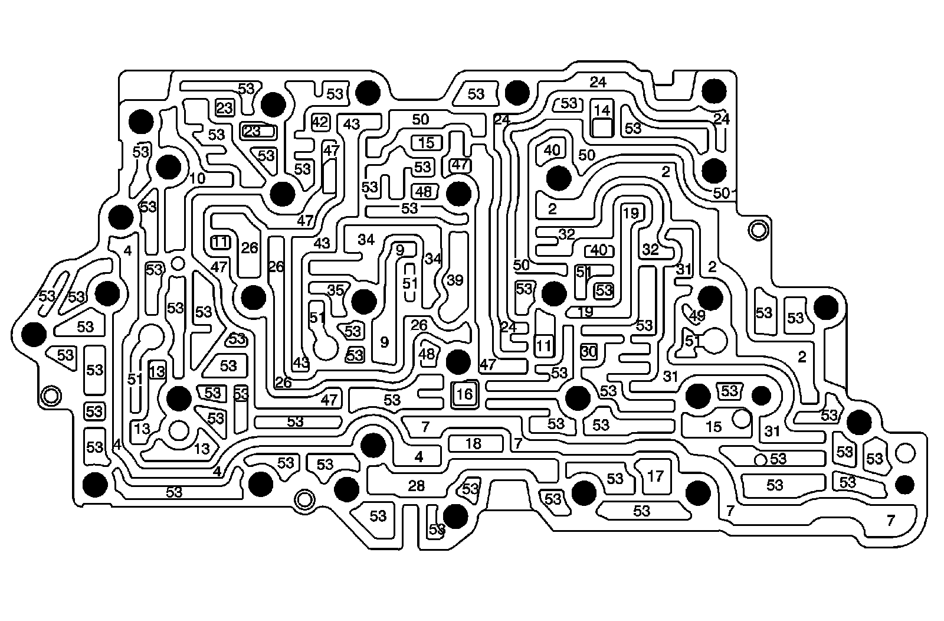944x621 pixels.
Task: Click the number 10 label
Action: [198, 178]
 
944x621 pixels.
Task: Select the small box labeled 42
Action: [320, 123]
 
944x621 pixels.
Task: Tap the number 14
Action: [602, 110]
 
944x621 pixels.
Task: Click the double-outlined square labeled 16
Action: [465, 394]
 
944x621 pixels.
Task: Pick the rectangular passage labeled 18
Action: [474, 443]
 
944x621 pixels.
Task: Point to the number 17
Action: [655, 475]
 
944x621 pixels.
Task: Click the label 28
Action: [417, 486]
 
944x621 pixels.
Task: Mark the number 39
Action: [455, 280]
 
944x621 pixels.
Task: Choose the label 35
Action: [336, 290]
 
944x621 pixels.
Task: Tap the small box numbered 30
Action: [588, 352]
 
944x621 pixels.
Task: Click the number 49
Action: [697, 316]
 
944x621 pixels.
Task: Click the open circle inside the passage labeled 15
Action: [741, 419]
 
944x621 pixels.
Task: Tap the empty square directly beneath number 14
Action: [602, 128]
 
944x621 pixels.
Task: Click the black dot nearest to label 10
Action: [168, 166]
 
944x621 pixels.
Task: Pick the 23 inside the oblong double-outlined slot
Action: [253, 131]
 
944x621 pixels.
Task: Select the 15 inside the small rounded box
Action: [426, 142]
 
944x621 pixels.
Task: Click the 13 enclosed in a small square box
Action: [157, 372]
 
